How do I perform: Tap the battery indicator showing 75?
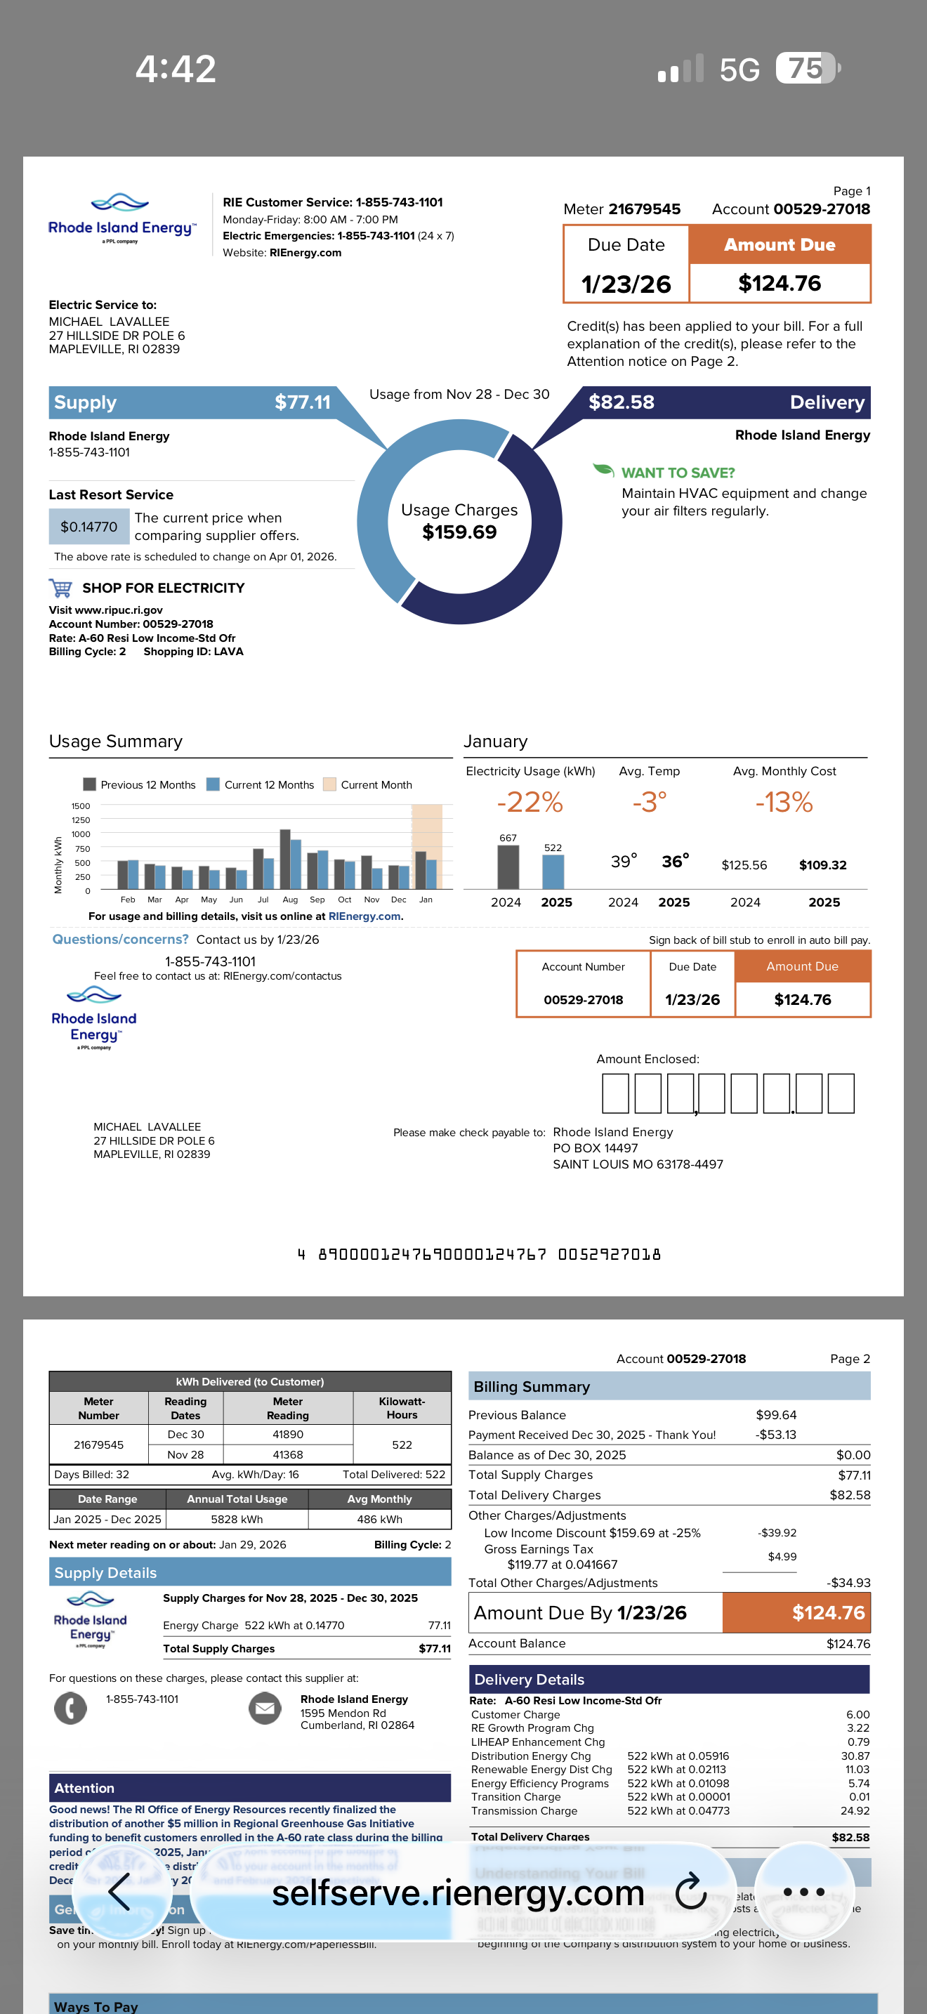click(x=806, y=68)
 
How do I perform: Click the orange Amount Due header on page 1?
click(x=780, y=244)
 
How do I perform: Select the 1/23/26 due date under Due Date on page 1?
click(x=626, y=284)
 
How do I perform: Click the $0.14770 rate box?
click(x=89, y=527)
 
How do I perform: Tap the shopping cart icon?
click(x=61, y=587)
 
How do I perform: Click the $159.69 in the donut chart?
click(x=459, y=532)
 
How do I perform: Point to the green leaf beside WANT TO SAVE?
click(x=603, y=469)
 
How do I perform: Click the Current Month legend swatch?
click(x=330, y=784)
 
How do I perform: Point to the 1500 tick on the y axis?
click(x=81, y=806)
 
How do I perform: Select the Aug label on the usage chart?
click(x=290, y=900)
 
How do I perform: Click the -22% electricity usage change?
click(x=530, y=802)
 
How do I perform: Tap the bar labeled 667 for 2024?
click(x=508, y=867)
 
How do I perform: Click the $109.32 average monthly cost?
click(x=822, y=864)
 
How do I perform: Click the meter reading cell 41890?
click(x=288, y=1435)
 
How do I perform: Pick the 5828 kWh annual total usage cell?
click(x=237, y=1519)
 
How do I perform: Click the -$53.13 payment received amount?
click(x=775, y=1435)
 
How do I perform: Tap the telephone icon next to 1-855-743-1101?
click(x=70, y=1708)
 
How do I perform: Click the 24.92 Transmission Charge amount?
click(x=854, y=1811)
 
